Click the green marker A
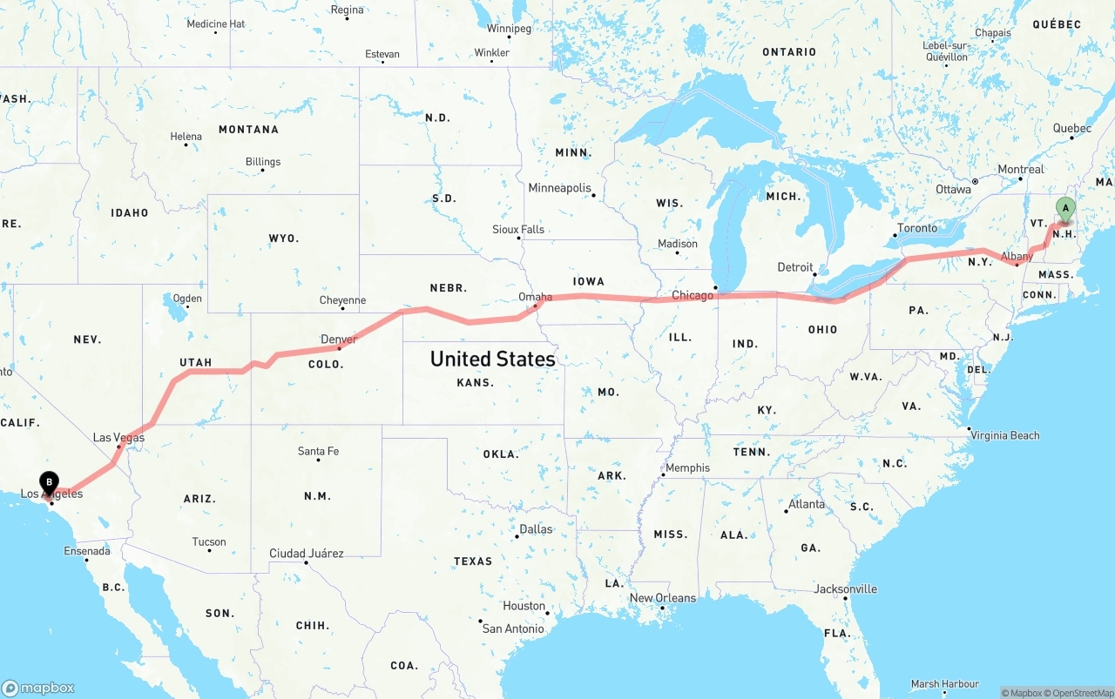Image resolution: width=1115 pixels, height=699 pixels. (1064, 208)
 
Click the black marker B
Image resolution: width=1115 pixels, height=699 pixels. (50, 481)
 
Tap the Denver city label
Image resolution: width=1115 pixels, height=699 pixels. (339, 339)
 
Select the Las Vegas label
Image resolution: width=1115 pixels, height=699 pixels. (118, 438)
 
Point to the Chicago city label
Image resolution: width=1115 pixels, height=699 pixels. (693, 296)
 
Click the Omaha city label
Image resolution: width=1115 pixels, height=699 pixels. (535, 297)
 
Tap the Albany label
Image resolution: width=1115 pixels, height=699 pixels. (1017, 257)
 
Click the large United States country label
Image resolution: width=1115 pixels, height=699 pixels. (492, 359)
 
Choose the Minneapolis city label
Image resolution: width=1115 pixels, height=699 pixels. (559, 188)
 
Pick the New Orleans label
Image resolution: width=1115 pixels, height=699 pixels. (663, 598)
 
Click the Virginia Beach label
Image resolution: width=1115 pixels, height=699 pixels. (1004, 435)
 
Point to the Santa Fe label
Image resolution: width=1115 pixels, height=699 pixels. (318, 451)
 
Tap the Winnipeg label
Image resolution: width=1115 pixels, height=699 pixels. (509, 29)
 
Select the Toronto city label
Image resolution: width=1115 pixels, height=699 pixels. (917, 228)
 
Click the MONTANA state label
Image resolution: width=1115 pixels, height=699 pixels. (248, 130)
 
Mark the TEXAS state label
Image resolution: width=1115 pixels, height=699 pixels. (473, 561)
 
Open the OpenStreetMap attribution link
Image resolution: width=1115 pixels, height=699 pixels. (1078, 693)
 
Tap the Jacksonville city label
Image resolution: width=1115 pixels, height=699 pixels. (845, 589)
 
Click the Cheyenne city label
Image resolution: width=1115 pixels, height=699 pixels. (342, 300)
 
